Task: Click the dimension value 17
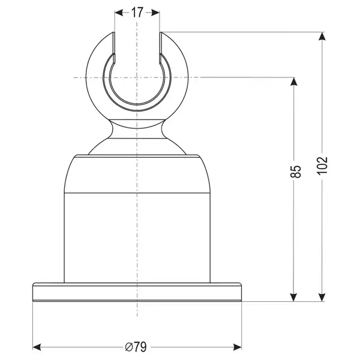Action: pos(137,13)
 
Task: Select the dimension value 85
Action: pos(295,172)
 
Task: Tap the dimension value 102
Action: pos(322,166)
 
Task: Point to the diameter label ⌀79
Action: pos(136,347)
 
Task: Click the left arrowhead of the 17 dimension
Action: pos(119,13)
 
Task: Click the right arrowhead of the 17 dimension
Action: pos(155,13)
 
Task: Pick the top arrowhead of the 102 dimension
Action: pos(322,36)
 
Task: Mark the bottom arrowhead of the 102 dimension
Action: pos(322,297)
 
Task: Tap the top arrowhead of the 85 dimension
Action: pos(294,82)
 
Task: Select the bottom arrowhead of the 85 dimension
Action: pos(294,297)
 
